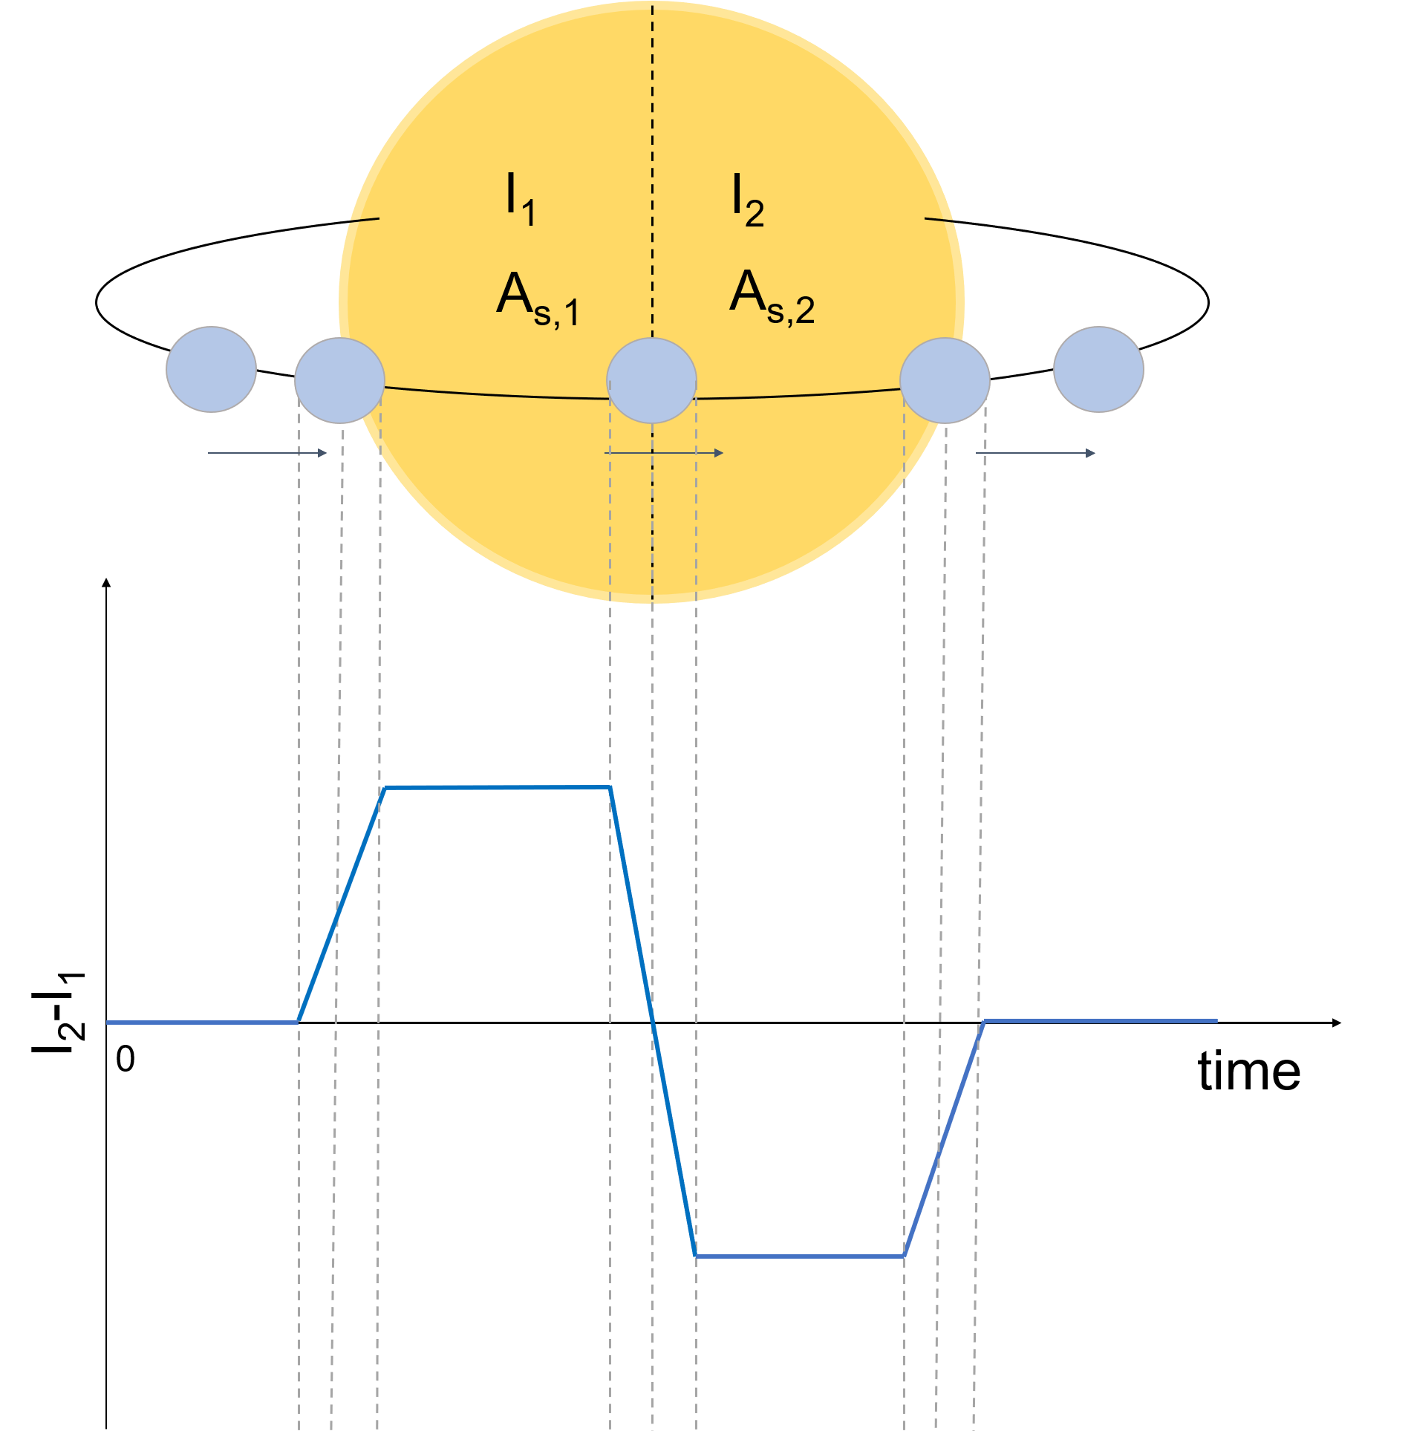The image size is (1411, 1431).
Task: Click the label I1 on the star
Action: [x=520, y=199]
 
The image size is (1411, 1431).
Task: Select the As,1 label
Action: [x=537, y=299]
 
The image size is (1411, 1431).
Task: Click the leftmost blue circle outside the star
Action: [x=212, y=369]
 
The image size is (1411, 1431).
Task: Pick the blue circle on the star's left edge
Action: [x=339, y=380]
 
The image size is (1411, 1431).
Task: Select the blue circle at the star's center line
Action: [x=651, y=380]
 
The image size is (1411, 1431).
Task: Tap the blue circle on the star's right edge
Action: [x=945, y=380]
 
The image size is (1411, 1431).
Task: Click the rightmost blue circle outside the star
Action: [x=1098, y=369]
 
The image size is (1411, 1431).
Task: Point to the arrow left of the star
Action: [x=267, y=453]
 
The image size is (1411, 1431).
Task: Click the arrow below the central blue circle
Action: [x=665, y=453]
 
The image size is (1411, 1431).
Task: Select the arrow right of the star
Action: [x=1035, y=453]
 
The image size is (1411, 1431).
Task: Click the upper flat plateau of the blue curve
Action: [x=496, y=786]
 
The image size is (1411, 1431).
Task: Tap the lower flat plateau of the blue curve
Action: [x=799, y=1256]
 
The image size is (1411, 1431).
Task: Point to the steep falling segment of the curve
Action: [x=653, y=1020]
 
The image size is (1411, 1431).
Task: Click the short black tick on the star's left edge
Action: [x=364, y=220]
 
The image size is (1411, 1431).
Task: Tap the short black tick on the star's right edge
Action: [x=939, y=220]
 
